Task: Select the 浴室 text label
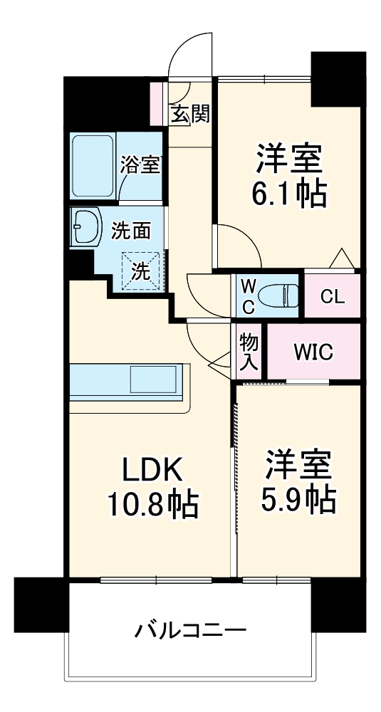pos(140,166)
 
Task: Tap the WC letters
pos(248,295)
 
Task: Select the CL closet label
pos(332,296)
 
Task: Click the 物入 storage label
pos(248,352)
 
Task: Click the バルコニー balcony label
pos(191,630)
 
